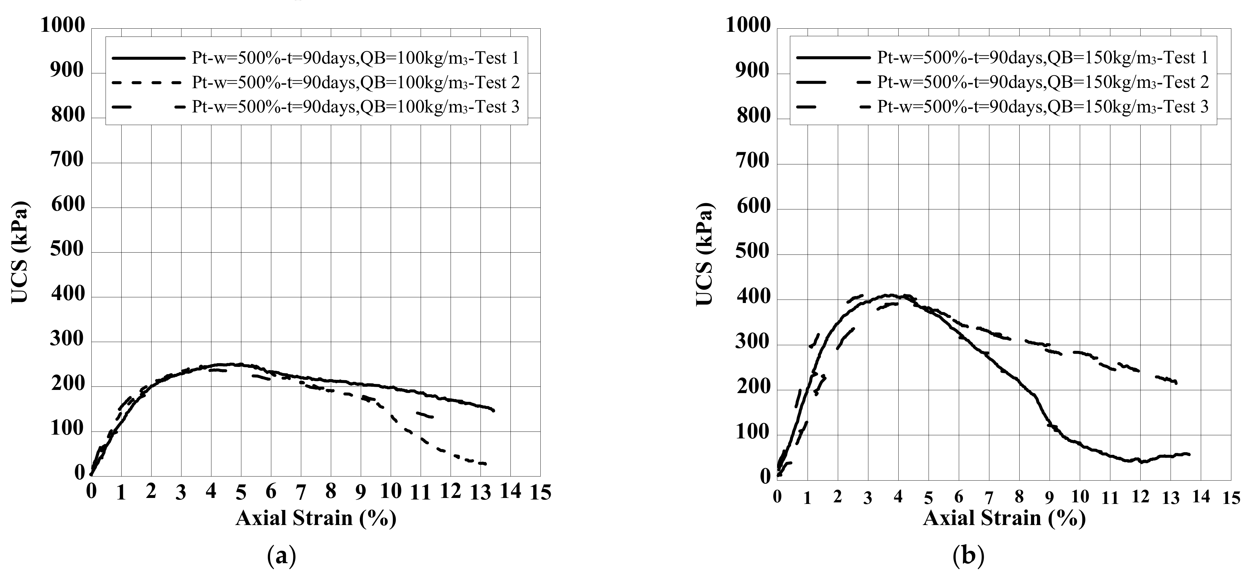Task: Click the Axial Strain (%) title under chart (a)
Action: point(316,518)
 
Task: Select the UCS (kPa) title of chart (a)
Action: point(20,252)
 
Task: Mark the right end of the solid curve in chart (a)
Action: point(494,410)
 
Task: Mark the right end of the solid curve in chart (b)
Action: point(1189,454)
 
